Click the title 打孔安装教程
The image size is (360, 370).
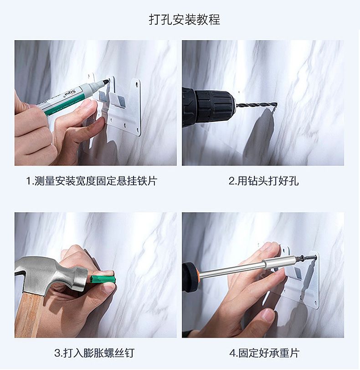185,19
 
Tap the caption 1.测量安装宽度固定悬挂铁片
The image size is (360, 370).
92,181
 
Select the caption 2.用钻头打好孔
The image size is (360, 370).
263,181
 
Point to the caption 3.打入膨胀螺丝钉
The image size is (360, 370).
94,353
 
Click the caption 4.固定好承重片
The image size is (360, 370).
264,353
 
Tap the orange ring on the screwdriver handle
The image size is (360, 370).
199,276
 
